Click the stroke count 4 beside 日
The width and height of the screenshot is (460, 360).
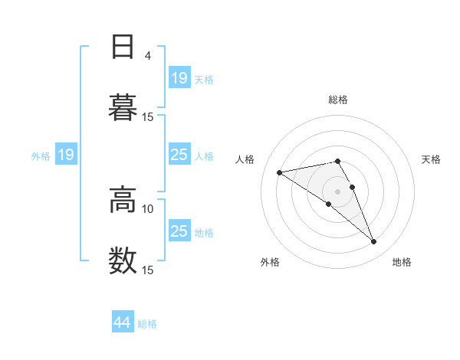148,55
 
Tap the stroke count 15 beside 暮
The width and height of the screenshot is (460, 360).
148,116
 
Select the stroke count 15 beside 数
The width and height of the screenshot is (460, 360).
148,270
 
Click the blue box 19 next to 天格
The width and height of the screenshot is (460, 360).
179,78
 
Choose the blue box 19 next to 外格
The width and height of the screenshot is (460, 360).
65,155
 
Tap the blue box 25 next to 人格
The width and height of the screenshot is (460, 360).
179,155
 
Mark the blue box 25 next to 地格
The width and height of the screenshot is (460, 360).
179,231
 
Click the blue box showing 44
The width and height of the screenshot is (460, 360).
123,322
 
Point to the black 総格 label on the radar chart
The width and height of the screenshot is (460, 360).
338,100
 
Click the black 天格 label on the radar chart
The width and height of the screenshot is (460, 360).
432,159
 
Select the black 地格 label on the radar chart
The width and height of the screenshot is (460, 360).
402,263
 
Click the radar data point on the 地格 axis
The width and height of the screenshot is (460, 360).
373,242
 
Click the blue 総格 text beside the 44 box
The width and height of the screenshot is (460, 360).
148,324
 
